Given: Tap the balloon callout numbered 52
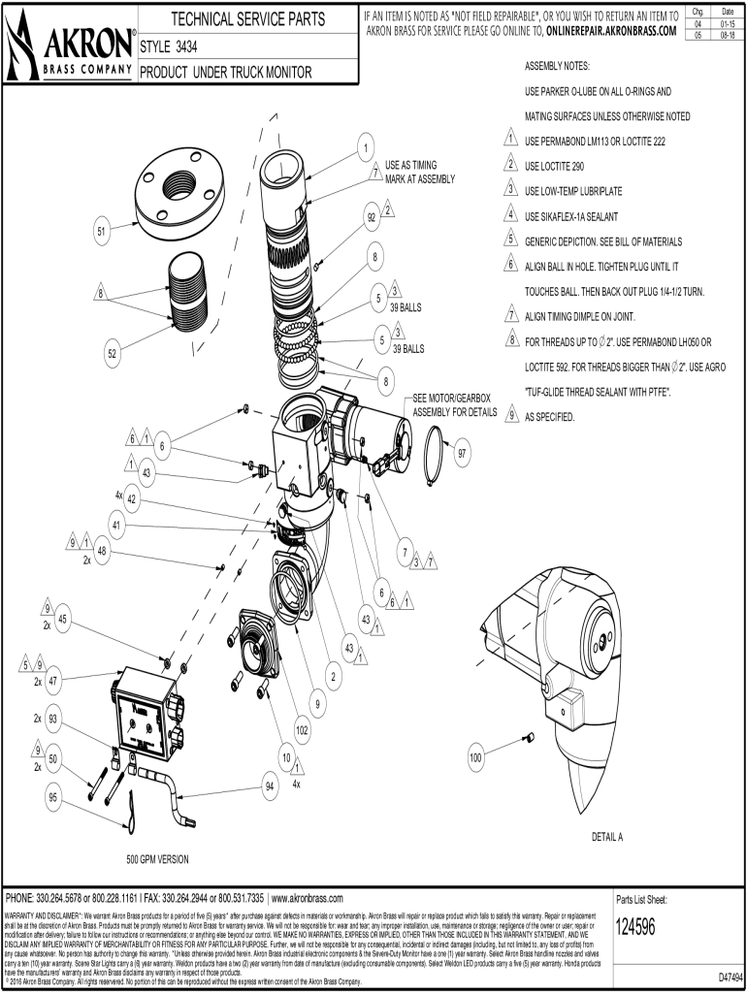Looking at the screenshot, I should pyautogui.click(x=113, y=354).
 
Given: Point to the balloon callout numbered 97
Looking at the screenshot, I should pyautogui.click(x=463, y=454).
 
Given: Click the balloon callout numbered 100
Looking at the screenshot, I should pyautogui.click(x=475, y=757).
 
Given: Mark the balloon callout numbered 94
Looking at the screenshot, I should pyautogui.click(x=270, y=786).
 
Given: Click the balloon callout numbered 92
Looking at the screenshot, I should pyautogui.click(x=372, y=218).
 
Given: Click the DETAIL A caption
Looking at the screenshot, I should pyautogui.click(x=607, y=836).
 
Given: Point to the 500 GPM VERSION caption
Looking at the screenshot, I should pyautogui.click(x=157, y=859).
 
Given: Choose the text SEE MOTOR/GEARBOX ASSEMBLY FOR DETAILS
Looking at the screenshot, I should pyautogui.click(x=454, y=405).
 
